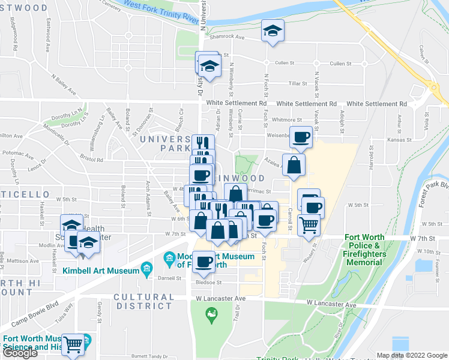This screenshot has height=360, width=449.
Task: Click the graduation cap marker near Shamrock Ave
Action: pos(273,31)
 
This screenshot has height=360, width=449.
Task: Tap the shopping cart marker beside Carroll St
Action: pos(309,226)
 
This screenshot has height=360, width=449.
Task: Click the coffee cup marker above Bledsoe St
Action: pos(204,262)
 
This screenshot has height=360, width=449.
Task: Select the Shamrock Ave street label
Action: pos(228,37)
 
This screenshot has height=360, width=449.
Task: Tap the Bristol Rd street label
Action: pos(91,160)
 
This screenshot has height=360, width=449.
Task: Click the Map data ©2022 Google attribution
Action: pos(411,355)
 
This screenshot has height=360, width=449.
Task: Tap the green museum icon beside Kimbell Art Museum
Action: pos(146,271)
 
